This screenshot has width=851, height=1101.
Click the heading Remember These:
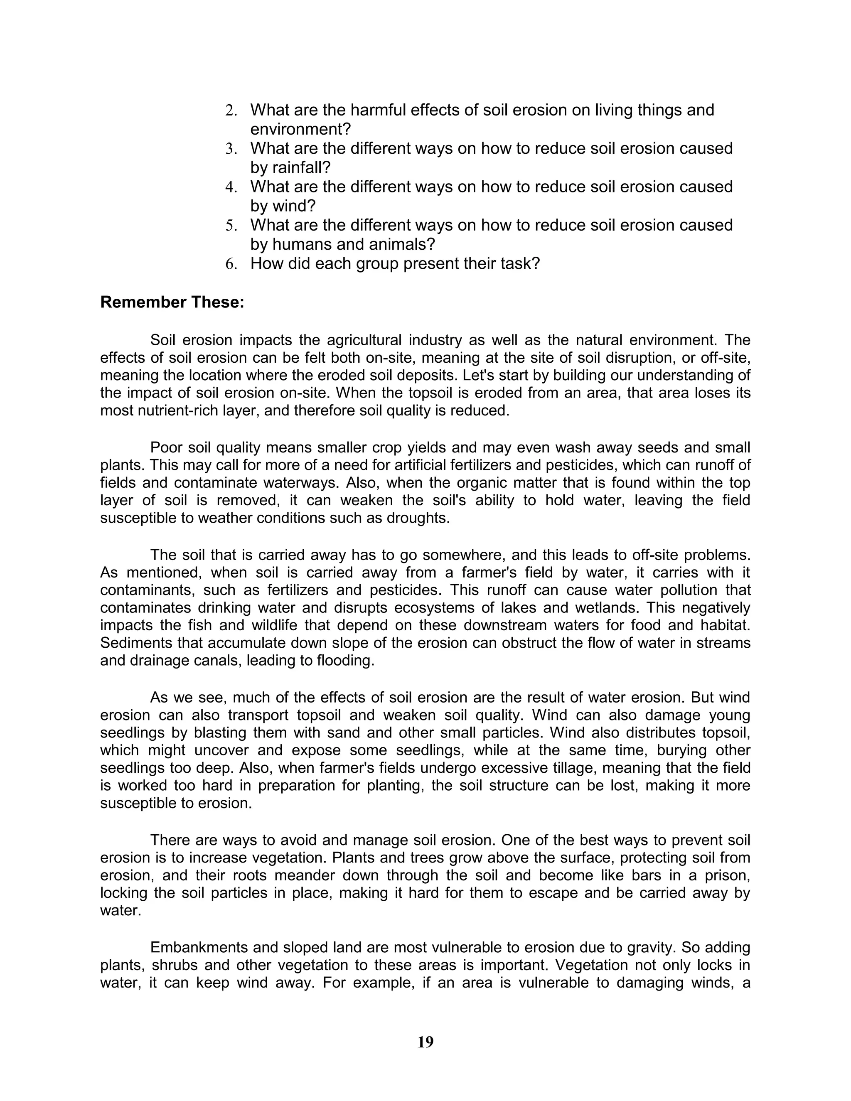point(172,302)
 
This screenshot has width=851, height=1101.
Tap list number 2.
point(231,111)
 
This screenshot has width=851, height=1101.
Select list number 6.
point(231,264)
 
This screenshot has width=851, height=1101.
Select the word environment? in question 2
point(300,129)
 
